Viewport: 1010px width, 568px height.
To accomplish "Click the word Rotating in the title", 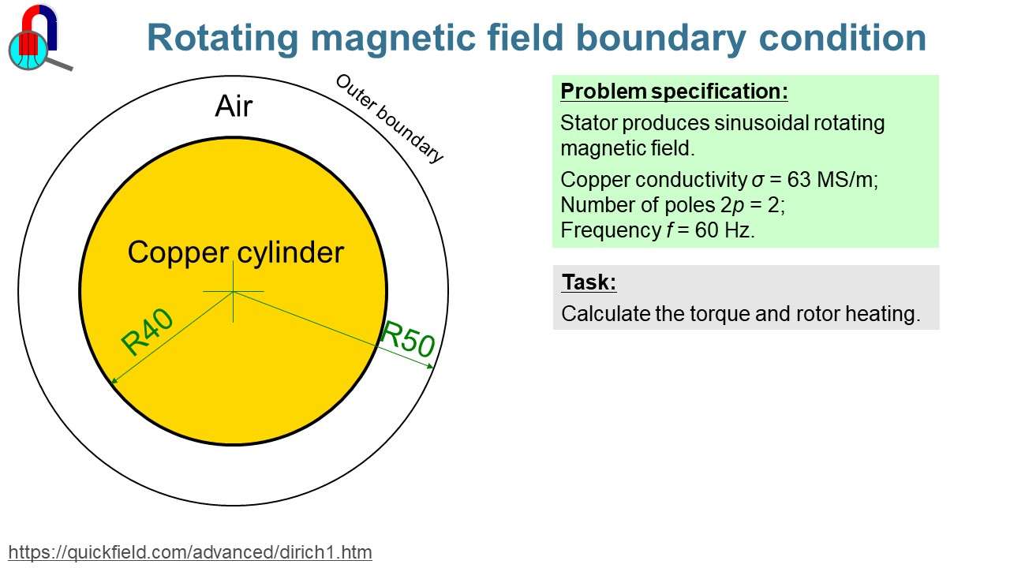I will point(223,38).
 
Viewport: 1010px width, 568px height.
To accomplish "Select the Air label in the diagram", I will point(234,106).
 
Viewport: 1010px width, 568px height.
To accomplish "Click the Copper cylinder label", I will point(235,252).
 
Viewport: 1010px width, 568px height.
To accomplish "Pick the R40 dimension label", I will point(147,331).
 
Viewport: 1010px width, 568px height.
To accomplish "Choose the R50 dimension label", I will point(407,339).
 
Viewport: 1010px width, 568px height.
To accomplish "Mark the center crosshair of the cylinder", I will point(234,292).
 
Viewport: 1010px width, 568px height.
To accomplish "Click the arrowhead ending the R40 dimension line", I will point(113,382).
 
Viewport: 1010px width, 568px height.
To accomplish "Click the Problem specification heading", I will point(674,92).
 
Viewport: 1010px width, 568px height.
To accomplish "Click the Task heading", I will point(589,282).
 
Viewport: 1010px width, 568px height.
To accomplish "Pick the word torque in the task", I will point(721,314).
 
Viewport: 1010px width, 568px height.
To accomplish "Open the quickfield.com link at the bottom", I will point(190,551).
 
